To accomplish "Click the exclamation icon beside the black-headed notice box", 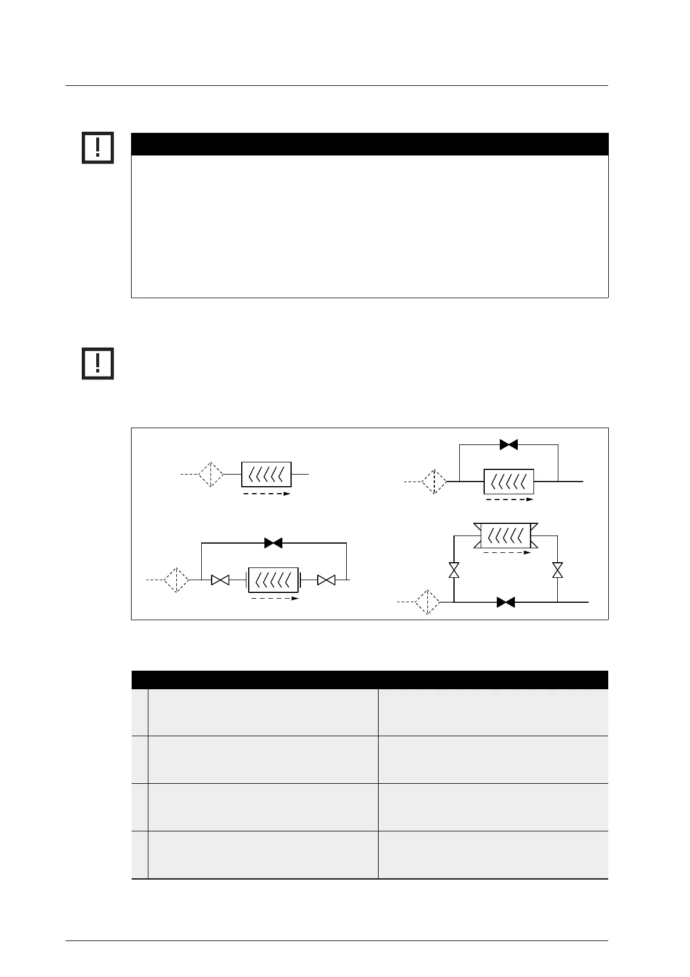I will [97, 148].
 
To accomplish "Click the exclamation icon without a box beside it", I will [97, 363].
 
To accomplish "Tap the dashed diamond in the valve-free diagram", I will [211, 475].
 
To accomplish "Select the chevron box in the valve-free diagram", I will [266, 475].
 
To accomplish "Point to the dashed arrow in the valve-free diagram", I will [266, 494].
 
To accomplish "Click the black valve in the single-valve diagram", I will [509, 445].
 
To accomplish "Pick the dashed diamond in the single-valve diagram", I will [434, 482].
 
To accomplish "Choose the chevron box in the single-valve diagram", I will [509, 482].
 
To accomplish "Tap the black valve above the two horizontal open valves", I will [273, 543].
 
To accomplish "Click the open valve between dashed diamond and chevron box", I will [220, 580].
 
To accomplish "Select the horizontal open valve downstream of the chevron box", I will [326, 580].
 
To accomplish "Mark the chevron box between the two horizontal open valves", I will [273, 580].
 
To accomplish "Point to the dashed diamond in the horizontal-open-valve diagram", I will [176, 580].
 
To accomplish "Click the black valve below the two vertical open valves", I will [506, 603].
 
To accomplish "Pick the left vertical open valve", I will [454, 570].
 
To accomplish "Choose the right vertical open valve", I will [558, 570].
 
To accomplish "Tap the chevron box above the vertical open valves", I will [506, 535].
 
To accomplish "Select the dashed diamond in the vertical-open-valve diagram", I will [427, 602].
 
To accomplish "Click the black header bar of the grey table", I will [370, 679].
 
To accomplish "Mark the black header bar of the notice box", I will [370, 144].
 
